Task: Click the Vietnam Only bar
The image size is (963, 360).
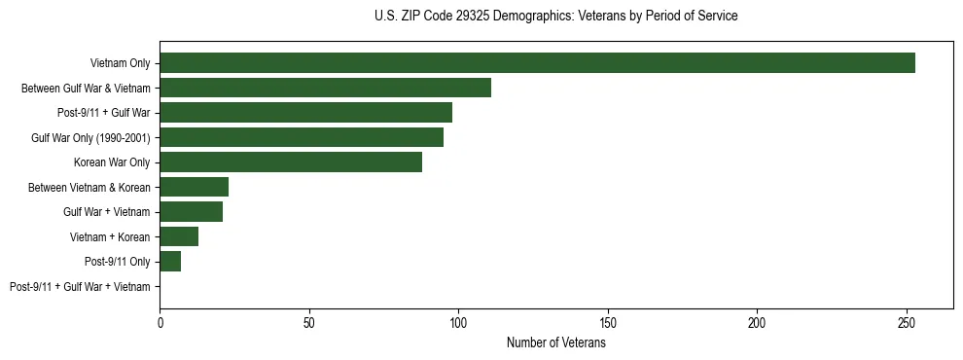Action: click(537, 63)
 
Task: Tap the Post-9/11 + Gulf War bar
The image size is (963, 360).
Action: click(305, 113)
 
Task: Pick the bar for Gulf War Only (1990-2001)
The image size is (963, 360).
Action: click(302, 138)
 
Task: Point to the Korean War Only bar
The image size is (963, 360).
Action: click(291, 162)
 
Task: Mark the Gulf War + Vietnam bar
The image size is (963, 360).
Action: click(191, 212)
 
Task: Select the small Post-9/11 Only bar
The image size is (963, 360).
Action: click(170, 262)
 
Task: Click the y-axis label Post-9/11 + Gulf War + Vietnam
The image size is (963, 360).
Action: click(80, 287)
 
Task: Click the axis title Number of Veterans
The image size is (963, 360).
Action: click(556, 342)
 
